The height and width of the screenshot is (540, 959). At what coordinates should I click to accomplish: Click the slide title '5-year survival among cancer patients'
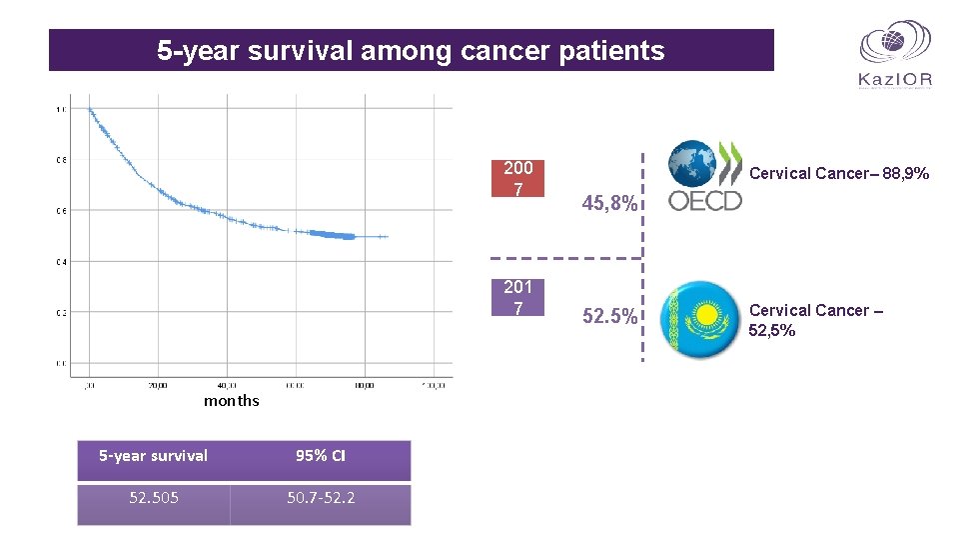(x=411, y=51)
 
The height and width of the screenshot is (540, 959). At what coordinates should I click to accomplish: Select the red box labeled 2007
(x=517, y=178)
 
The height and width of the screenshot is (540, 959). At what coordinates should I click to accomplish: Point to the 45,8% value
(x=608, y=204)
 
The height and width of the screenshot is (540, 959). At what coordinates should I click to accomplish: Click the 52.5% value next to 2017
(x=608, y=317)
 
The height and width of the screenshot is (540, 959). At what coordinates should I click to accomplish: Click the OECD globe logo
(x=705, y=176)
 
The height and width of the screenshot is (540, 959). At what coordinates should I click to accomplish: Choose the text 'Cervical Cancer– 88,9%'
(x=839, y=174)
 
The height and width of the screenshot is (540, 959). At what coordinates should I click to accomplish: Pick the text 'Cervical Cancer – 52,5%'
(x=815, y=320)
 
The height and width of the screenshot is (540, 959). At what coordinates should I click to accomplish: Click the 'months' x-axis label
(x=231, y=401)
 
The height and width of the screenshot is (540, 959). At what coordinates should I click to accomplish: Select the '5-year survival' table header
(x=154, y=456)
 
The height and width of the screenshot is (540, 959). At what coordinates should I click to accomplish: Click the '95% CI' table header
(x=321, y=456)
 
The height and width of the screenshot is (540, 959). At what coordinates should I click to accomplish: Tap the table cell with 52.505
(x=154, y=497)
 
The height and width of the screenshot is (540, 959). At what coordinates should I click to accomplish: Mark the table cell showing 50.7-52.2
(x=321, y=497)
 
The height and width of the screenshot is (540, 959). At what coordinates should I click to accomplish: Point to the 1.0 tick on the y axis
(x=61, y=109)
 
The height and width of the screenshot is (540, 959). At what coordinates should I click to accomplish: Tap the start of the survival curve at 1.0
(x=89, y=109)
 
